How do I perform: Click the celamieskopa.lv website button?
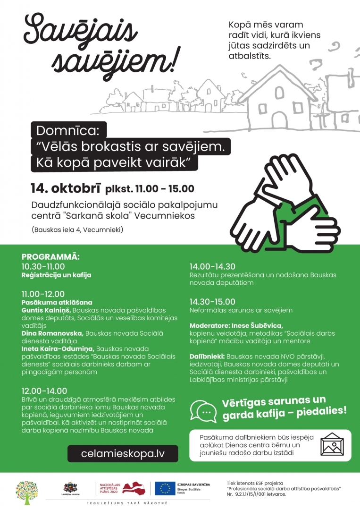coord(123,453)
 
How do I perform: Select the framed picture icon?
coord(333,445)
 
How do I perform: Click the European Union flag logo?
coord(166,488)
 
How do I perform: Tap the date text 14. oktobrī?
coord(65,188)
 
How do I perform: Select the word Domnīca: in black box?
coord(69,131)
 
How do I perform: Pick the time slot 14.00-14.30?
coord(212,266)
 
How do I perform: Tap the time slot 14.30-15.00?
coord(212,302)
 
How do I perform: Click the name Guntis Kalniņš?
coord(46,310)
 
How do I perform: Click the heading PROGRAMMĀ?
coord(51,257)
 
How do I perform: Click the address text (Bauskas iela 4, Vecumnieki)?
coord(77,230)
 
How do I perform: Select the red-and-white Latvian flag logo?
coord(134,488)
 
